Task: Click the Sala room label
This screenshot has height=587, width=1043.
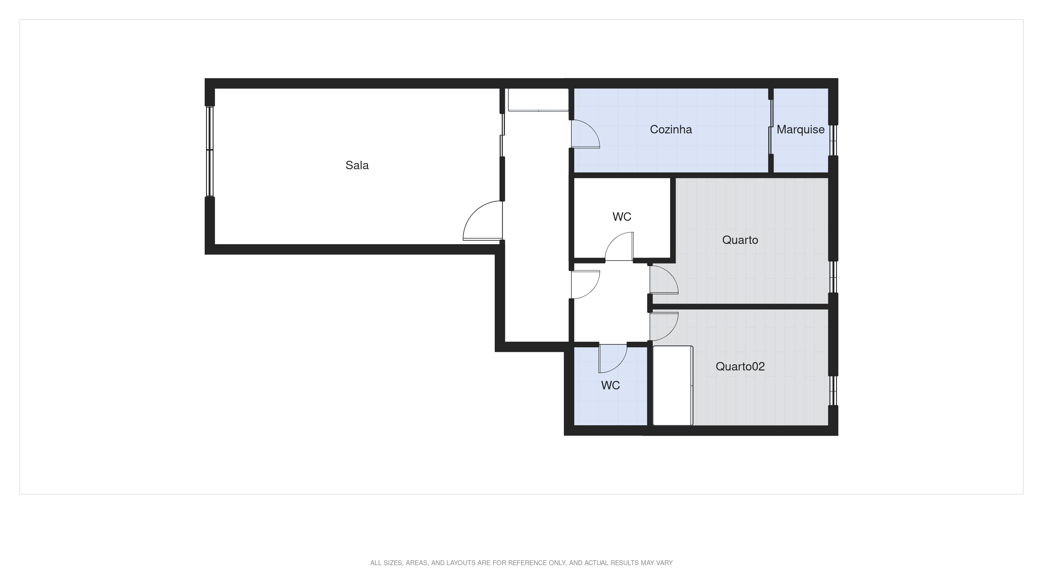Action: click(x=357, y=165)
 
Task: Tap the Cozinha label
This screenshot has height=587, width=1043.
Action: click(x=670, y=130)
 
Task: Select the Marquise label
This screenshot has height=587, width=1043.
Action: click(x=800, y=130)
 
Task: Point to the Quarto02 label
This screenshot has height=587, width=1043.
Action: click(x=740, y=367)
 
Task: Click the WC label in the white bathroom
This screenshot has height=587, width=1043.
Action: click(x=622, y=217)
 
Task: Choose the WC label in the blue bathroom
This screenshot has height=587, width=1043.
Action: click(x=610, y=385)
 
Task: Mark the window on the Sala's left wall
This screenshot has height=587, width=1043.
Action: click(x=209, y=151)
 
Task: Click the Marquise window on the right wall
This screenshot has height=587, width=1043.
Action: click(x=833, y=140)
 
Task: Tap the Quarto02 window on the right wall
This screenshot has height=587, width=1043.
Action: click(x=833, y=391)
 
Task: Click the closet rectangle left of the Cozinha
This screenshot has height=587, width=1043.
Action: click(x=538, y=100)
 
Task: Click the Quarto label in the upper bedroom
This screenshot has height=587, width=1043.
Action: click(x=740, y=240)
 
